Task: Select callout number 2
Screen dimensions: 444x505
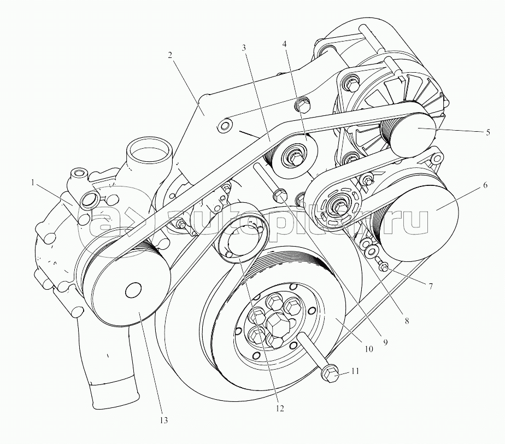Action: pyautogui.click(x=170, y=55)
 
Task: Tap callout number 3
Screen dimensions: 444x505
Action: pyautogui.click(x=244, y=48)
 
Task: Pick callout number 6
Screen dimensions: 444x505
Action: pyautogui.click(x=484, y=186)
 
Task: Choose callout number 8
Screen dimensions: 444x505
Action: pyautogui.click(x=406, y=322)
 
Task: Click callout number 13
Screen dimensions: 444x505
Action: pyautogui.click(x=163, y=420)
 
